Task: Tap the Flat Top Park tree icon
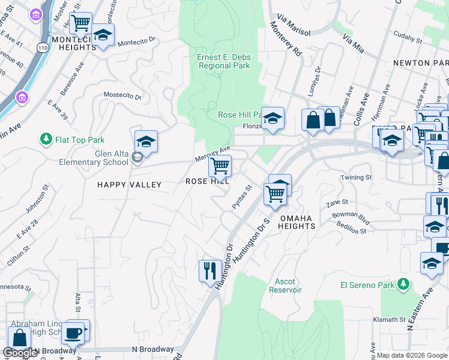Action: (x=46, y=140)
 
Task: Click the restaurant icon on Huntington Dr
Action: (x=209, y=270)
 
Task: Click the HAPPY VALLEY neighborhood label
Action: (x=130, y=185)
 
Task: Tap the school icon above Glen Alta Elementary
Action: (x=146, y=142)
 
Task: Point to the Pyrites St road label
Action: (x=241, y=197)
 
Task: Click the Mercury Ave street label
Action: (x=212, y=154)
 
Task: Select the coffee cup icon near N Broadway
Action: (x=74, y=332)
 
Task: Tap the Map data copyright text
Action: (x=412, y=355)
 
